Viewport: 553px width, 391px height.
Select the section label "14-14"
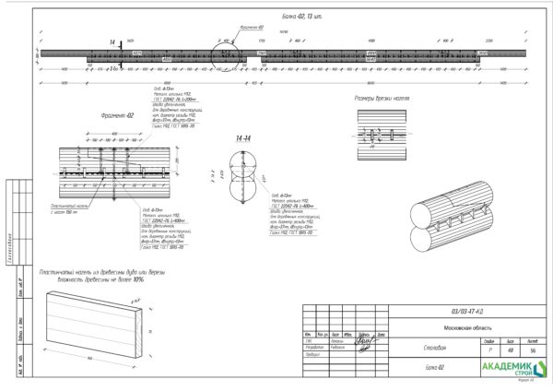coord(242,139)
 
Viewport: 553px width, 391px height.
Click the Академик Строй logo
coord(512,368)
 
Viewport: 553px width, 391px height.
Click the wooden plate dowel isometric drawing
coord(97,323)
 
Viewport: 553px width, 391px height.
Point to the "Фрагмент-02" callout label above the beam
coord(252,28)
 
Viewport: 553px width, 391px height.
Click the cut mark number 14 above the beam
coord(112,42)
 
